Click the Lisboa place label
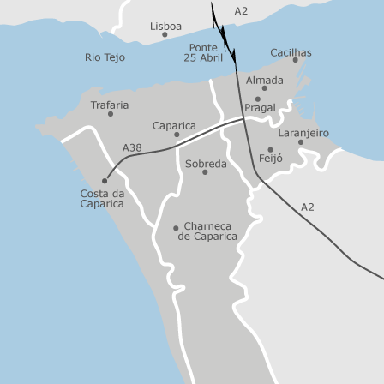[x=165, y=27]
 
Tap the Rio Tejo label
[x=105, y=57]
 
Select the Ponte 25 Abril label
[x=203, y=53]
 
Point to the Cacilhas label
[x=291, y=52]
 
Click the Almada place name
[x=264, y=80]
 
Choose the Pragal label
[x=260, y=108]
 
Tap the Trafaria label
[x=110, y=105]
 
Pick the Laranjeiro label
[x=303, y=133]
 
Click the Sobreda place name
[x=206, y=163]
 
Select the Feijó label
[x=270, y=159]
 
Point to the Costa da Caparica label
[x=102, y=199]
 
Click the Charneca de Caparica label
[x=207, y=231]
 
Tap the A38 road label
[x=132, y=147]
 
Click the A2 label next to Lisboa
[x=241, y=11]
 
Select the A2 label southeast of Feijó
[x=307, y=207]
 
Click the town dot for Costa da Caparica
[x=105, y=181]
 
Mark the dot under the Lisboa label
[x=165, y=35]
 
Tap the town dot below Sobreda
[x=205, y=172]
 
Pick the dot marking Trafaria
[x=110, y=114]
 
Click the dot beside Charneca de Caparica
[x=176, y=228]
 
